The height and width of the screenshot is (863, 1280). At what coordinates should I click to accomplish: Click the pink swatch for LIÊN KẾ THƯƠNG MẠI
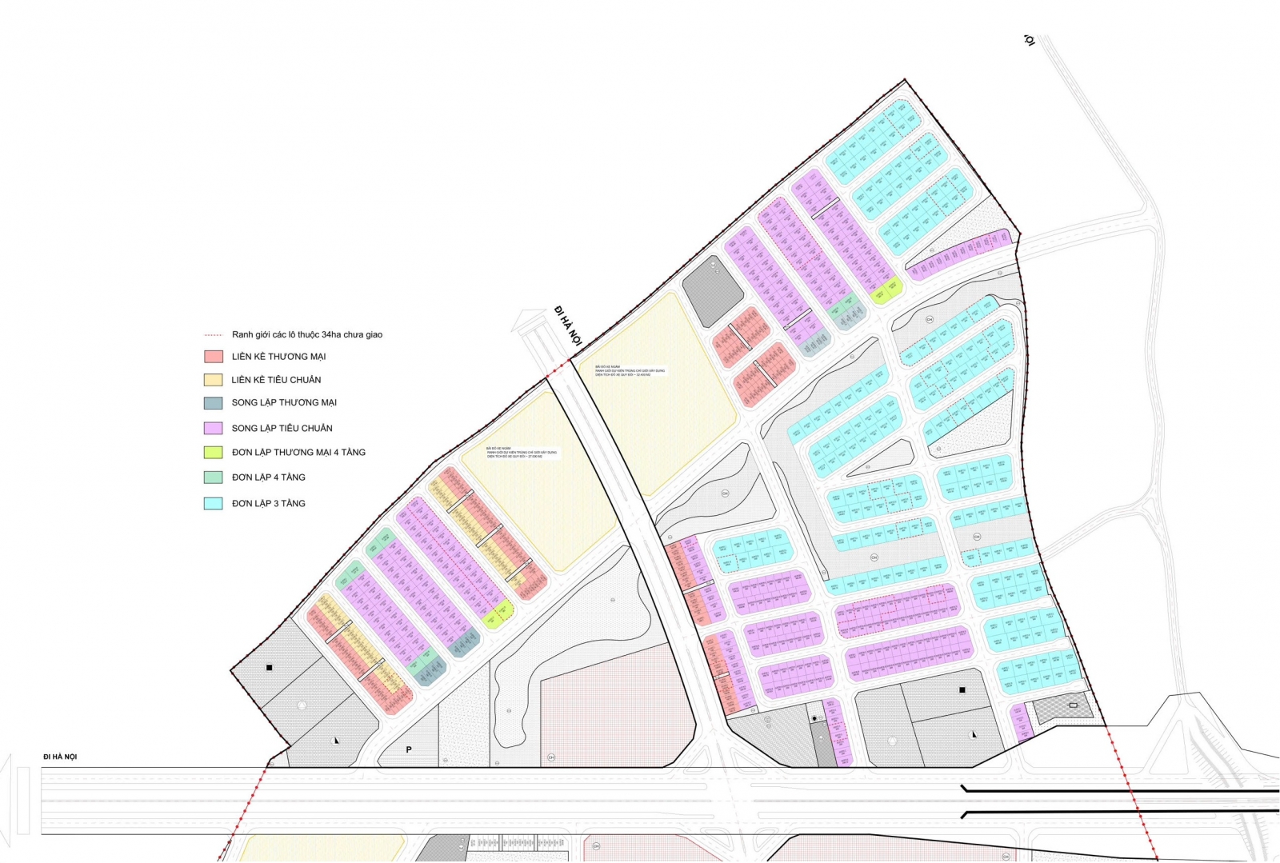pos(213,357)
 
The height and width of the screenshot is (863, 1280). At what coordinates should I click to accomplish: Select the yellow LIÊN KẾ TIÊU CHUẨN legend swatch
pos(213,380)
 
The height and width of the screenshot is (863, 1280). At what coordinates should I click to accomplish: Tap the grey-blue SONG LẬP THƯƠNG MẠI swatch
pos(213,403)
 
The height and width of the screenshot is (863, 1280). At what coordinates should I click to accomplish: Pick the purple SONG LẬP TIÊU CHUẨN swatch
pos(213,428)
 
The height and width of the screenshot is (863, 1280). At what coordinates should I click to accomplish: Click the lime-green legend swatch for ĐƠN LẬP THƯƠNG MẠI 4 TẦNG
pos(213,453)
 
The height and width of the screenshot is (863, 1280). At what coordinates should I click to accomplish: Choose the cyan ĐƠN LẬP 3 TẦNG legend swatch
pos(213,504)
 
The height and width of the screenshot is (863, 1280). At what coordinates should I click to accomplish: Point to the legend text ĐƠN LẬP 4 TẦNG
pos(268,477)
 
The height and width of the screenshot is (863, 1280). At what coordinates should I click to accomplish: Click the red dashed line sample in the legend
pos(213,335)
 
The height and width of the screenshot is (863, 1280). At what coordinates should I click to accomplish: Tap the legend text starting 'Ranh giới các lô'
pos(307,335)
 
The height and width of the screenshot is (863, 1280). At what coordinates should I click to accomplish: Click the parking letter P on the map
pos(409,750)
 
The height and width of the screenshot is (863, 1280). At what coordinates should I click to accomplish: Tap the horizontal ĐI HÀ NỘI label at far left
pos(60,757)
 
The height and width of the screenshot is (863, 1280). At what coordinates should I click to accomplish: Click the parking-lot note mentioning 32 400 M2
pos(630,371)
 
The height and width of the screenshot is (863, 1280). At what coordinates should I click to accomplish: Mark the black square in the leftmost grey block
pos(270,667)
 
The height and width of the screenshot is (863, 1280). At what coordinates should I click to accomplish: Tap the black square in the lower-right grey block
pos(962,689)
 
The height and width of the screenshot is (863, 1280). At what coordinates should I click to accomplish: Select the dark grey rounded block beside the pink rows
pos(712,291)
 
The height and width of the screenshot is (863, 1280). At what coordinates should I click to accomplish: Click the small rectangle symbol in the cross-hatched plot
pos(1073,705)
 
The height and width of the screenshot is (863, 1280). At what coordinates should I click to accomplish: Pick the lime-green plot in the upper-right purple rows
pos(886,291)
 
